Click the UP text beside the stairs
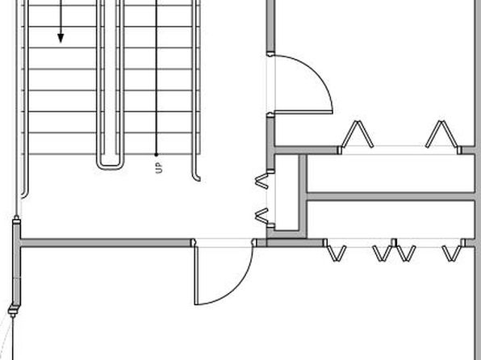pos(159,168)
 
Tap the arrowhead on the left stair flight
pos(61,38)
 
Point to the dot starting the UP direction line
pos(156,155)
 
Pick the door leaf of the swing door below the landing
pos(196,275)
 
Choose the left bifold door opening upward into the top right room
pos(357,134)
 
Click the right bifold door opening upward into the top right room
pos(441,134)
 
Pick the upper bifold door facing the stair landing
pos(261,181)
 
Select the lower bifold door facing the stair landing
pos(261,215)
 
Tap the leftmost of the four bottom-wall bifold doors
pos(337,253)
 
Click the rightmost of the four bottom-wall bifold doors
pos(452,253)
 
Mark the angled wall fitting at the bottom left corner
pos(13,310)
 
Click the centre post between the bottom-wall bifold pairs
pos(394,242)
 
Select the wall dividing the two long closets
pos(391,196)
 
